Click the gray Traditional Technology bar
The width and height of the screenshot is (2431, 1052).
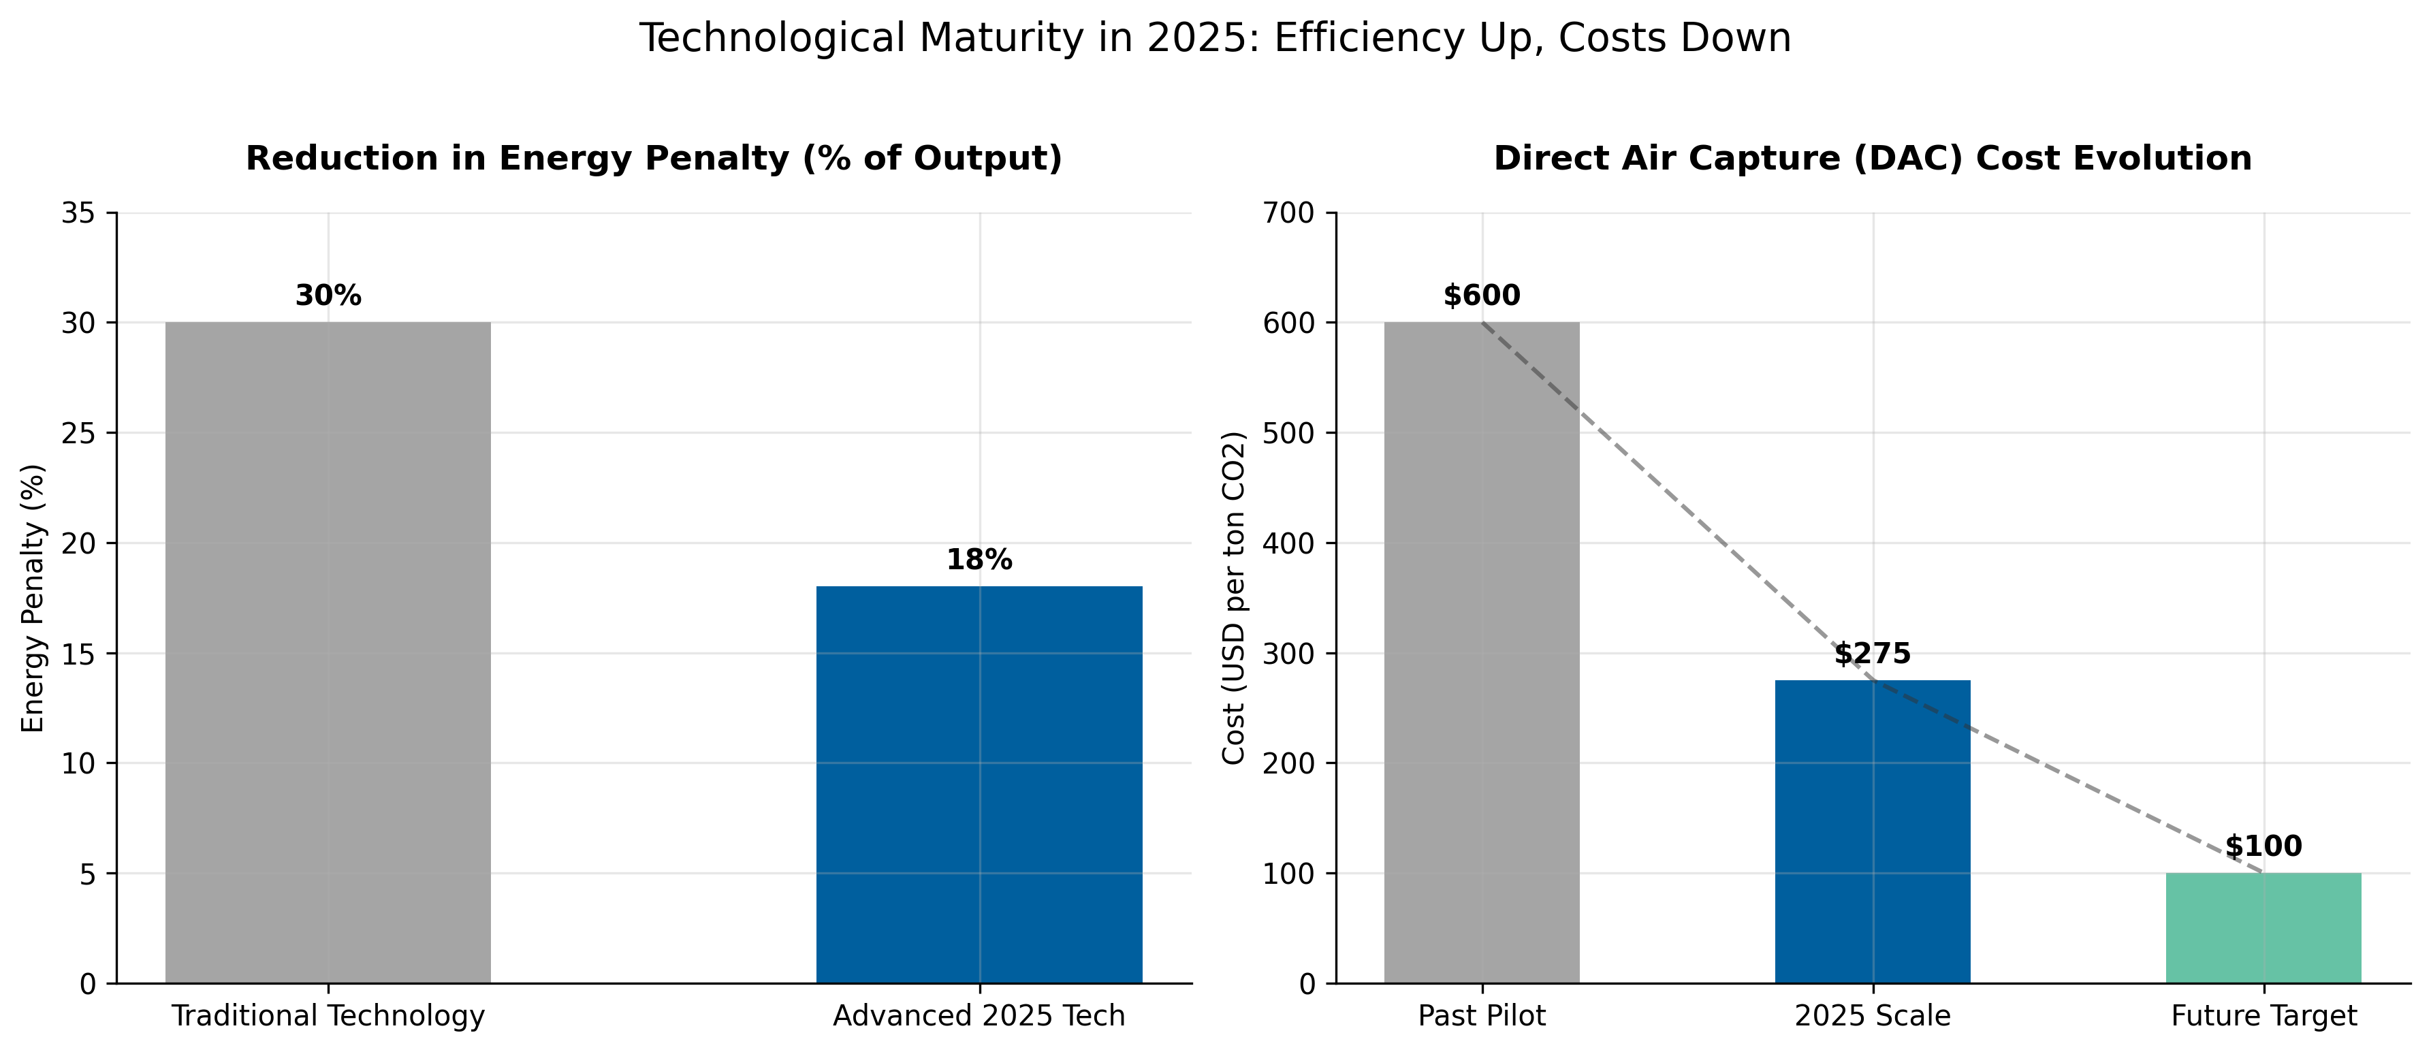328,652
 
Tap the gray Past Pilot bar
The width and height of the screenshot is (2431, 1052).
1482,652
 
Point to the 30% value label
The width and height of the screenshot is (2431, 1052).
328,296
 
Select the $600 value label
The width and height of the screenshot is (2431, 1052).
1482,296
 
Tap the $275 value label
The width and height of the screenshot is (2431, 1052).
1873,654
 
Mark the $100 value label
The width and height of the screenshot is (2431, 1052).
2263,846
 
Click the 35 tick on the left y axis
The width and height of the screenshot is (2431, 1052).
78,213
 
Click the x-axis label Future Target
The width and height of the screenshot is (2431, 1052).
2263,1016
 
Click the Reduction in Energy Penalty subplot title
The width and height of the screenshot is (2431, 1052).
653,159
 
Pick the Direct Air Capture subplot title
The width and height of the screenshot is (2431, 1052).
1873,159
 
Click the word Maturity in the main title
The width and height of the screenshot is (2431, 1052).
1001,39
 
